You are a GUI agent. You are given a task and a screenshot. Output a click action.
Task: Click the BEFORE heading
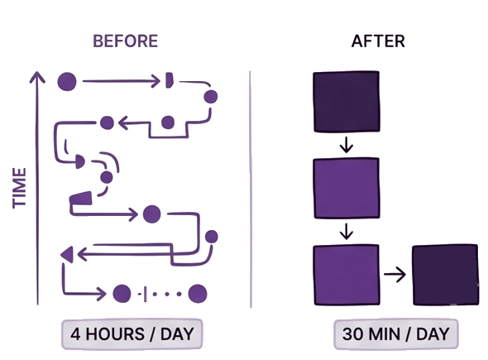(126, 41)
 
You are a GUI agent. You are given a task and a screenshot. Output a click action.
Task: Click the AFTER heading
(378, 41)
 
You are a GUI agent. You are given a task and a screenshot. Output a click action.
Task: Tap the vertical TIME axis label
(19, 188)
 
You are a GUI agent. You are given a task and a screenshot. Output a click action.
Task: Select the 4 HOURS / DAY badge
(132, 334)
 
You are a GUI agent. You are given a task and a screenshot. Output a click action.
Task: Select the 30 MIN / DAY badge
(396, 334)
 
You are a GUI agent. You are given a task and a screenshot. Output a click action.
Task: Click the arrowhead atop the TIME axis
(37, 77)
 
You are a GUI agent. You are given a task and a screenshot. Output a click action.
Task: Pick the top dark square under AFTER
(347, 102)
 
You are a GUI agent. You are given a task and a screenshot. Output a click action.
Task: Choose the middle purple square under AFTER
(347, 188)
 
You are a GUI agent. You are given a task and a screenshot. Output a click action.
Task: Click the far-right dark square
(445, 275)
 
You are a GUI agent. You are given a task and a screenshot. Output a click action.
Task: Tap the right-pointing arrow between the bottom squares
(395, 275)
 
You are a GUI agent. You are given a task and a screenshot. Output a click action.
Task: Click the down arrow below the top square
(347, 145)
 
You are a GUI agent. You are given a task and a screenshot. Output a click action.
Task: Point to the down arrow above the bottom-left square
(347, 231)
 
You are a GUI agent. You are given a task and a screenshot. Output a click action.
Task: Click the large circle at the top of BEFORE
(67, 82)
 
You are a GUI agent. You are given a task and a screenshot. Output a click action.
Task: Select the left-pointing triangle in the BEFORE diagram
(68, 254)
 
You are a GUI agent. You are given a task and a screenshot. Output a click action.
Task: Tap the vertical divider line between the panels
(251, 190)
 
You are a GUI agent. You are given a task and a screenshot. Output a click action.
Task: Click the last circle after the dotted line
(198, 294)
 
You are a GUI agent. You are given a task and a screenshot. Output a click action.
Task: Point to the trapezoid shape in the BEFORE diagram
(81, 199)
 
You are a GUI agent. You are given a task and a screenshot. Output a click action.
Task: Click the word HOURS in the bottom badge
(115, 334)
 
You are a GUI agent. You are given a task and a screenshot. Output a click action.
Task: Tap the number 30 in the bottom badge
(352, 334)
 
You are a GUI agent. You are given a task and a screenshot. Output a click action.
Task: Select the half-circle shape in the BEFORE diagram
(80, 161)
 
